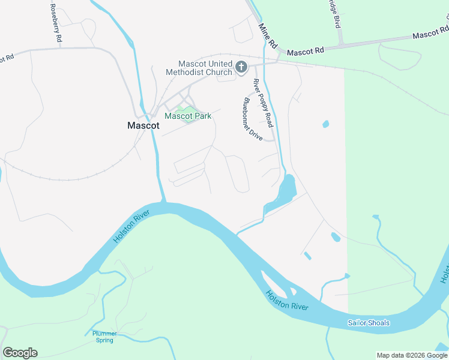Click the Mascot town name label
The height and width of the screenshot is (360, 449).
click(143, 126)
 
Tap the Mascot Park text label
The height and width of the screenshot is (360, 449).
click(188, 116)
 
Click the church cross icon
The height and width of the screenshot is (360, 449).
click(241, 67)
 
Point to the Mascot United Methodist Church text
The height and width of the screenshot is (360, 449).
click(205, 68)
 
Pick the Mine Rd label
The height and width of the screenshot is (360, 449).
click(267, 37)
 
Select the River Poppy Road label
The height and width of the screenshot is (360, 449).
click(262, 103)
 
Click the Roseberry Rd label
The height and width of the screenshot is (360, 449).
click(55, 23)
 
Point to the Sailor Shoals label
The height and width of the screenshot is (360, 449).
click(369, 323)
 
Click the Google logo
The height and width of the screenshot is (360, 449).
click(20, 353)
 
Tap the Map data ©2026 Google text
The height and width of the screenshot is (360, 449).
click(412, 355)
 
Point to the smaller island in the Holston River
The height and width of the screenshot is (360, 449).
click(294, 292)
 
